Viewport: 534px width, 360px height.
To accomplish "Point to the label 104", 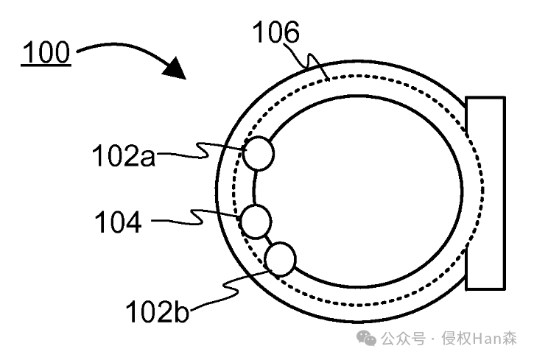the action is click(x=118, y=222).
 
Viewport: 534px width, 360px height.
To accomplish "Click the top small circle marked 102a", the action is click(x=259, y=154).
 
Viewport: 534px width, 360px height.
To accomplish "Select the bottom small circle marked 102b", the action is click(x=280, y=259).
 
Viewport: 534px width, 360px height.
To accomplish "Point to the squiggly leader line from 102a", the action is click(x=199, y=152).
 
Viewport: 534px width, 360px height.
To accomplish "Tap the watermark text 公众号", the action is click(x=403, y=339).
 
